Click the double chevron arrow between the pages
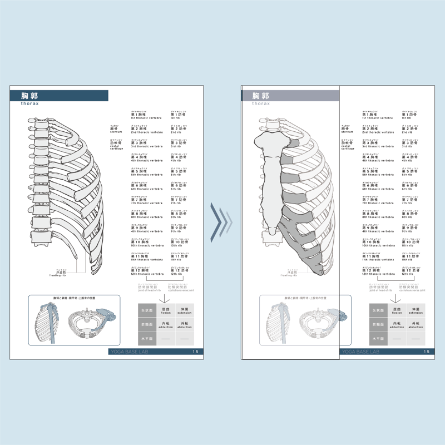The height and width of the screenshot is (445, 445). (221, 222)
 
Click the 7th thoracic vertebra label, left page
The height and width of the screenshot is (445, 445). (147, 200)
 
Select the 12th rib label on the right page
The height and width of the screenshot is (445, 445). (412, 271)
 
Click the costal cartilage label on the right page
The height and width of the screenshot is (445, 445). (348, 145)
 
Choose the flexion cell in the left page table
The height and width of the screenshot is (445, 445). (165, 310)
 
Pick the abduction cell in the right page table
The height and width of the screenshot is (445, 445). (415, 325)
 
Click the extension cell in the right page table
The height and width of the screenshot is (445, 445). (415, 310)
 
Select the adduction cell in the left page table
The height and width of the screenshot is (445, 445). (165, 325)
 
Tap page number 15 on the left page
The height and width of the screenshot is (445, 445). (195, 352)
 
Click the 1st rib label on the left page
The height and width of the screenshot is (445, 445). (179, 116)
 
